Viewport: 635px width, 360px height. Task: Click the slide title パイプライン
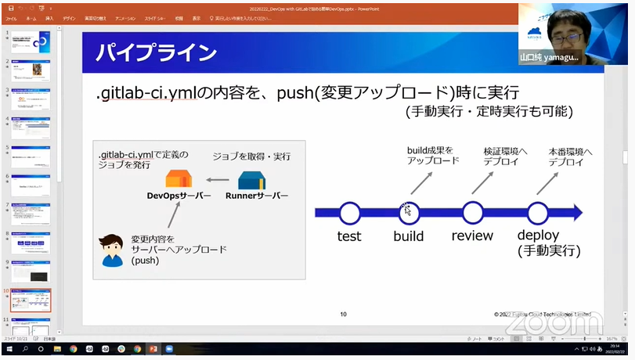pos(156,53)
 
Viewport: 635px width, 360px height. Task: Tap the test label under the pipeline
pos(349,236)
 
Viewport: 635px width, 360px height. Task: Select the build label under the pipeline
pos(409,236)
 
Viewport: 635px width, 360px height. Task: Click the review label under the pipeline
pos(472,236)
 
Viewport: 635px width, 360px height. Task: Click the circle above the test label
pos(349,212)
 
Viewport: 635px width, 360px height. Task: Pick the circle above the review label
pos(472,212)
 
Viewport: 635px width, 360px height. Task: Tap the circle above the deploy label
pos(537,212)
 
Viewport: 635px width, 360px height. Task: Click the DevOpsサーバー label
pos(179,195)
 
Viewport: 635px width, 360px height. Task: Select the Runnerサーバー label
pos(258,195)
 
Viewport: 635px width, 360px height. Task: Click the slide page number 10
pos(343,315)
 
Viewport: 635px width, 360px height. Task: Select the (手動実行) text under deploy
pos(548,251)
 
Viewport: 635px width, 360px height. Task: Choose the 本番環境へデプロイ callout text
pos(571,156)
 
